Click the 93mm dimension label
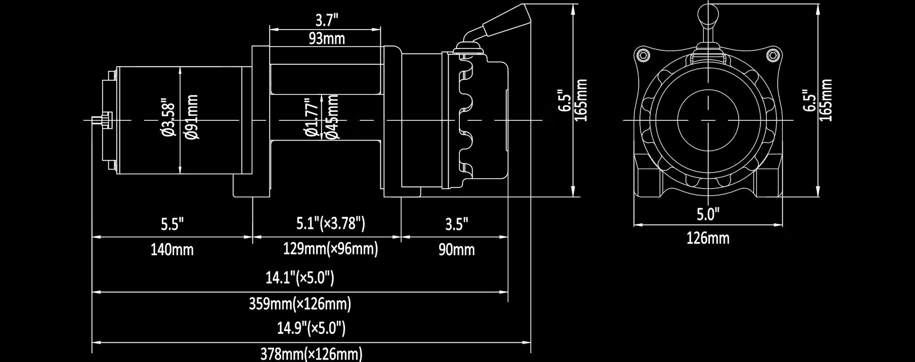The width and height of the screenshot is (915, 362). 326,39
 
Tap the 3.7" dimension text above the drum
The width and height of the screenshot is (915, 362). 326,20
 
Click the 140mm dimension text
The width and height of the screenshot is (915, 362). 172,250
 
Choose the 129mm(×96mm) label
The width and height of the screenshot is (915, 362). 331,249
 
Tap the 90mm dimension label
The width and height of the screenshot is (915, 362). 457,250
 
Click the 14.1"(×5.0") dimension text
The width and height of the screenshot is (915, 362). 300,277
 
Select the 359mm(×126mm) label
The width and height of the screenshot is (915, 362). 300,304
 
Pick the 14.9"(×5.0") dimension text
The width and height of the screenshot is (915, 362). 311,328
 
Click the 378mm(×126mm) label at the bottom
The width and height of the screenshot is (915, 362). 311,354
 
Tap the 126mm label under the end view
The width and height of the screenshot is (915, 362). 708,238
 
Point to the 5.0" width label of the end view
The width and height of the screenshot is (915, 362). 708,215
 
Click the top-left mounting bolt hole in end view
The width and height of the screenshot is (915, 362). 643,55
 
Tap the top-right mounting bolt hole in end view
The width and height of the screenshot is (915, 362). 773,55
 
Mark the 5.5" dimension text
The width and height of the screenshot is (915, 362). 172,224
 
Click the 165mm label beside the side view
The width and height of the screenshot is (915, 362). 582,100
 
